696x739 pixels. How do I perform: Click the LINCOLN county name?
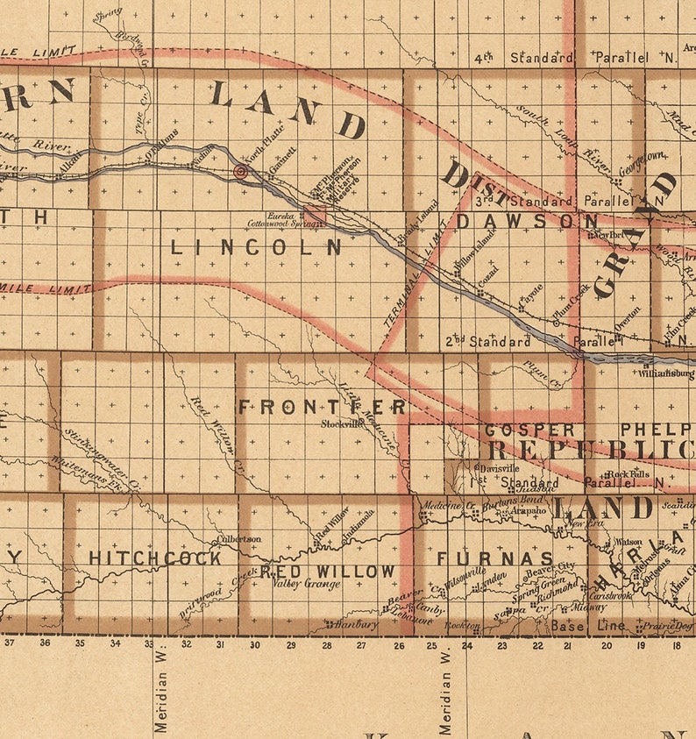pos(256,248)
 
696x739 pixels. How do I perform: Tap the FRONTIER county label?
pos(323,407)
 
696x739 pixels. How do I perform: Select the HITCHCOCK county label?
pos(155,558)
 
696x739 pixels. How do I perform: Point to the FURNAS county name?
pos(494,558)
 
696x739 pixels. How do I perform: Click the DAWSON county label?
pos(527,222)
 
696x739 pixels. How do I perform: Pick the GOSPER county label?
pos(529,430)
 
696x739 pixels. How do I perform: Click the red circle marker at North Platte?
pos(240,173)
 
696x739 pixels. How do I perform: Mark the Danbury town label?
pos(355,624)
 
